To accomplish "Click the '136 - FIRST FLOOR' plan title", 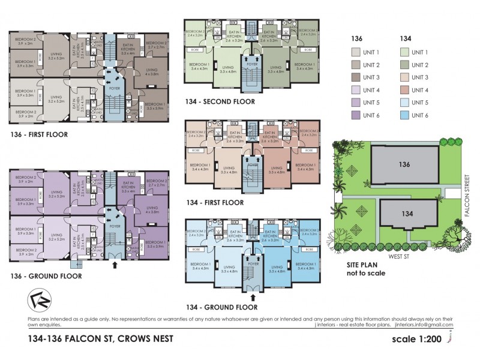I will (39, 134).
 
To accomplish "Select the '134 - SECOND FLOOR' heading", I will (221, 101).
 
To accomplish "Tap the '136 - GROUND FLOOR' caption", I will (45, 276).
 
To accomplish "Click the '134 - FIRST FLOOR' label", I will (215, 203).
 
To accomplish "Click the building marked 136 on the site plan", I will (404, 164).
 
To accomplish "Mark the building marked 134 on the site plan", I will (407, 213).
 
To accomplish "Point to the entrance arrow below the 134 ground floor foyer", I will (252, 296).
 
